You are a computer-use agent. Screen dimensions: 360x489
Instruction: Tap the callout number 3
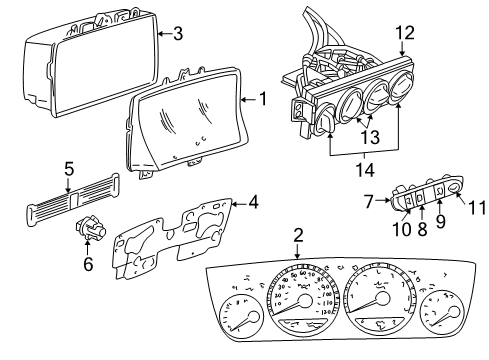click(177, 33)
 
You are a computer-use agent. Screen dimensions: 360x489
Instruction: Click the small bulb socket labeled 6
click(91, 232)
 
